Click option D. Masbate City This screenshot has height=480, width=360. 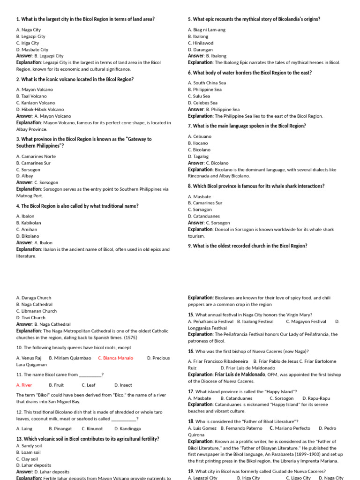click(x=32, y=50)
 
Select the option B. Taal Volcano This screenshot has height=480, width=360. click(x=31, y=96)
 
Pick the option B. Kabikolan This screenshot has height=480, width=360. click(x=29, y=223)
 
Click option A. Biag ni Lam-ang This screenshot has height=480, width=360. click(x=207, y=30)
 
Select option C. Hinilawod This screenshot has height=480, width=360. click(x=201, y=43)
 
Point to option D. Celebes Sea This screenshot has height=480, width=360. click(x=203, y=103)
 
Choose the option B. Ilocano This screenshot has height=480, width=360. click(x=198, y=143)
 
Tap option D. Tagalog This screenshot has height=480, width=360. click(x=198, y=156)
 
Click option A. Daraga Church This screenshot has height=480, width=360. click(x=34, y=298)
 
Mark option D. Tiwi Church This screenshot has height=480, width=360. click(x=31, y=317)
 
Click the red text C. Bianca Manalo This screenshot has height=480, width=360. click(x=115, y=358)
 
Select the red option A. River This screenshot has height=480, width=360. click(x=24, y=385)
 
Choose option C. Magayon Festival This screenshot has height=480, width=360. click(x=306, y=322)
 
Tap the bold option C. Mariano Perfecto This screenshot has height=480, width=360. click(x=290, y=428)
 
